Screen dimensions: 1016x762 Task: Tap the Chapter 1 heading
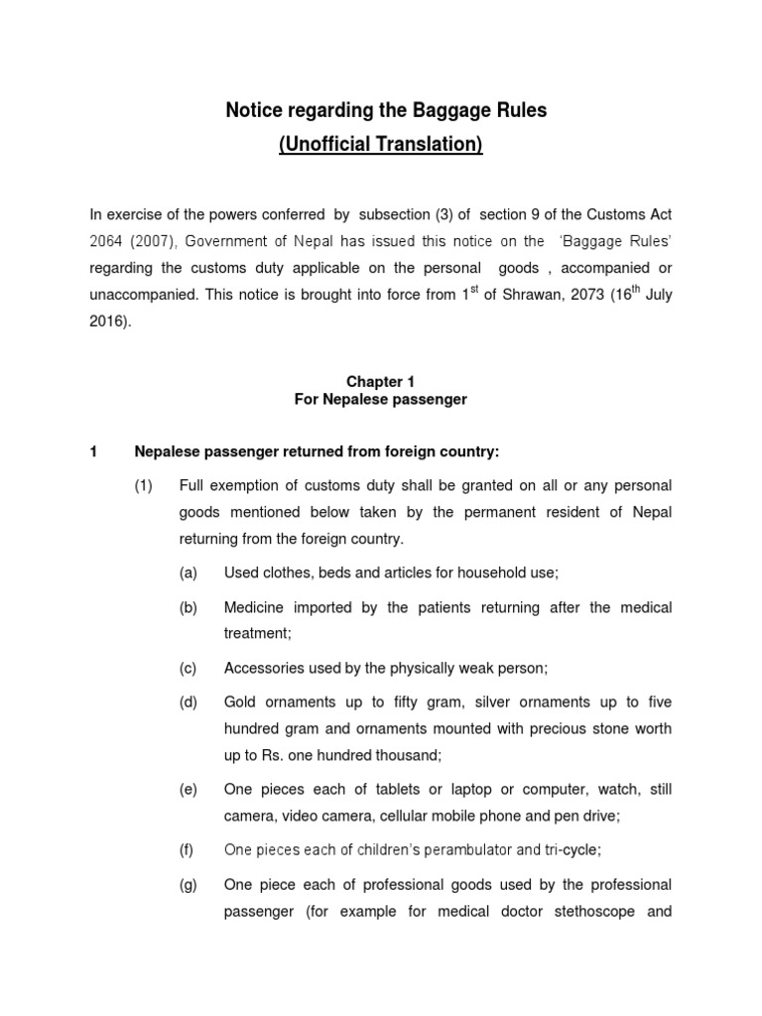coord(380,382)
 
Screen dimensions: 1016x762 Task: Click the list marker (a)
coord(189,572)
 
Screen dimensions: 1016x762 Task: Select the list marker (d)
coord(189,702)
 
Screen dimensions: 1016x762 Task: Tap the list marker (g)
coord(189,884)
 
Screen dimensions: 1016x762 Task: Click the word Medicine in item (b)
coord(258,607)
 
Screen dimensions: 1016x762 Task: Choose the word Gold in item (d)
coord(242,702)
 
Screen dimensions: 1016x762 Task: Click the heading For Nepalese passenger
coord(380,400)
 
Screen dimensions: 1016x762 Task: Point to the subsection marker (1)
coord(144,486)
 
